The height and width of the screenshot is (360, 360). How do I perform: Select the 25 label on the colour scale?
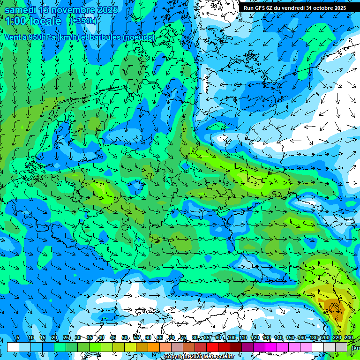(66, 337)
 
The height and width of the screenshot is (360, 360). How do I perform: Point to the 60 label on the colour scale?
(148, 337)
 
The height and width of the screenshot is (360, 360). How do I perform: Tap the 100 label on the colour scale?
(231, 337)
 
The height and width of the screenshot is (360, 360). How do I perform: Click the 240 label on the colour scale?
(349, 337)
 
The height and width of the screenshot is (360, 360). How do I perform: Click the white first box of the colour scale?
(13, 347)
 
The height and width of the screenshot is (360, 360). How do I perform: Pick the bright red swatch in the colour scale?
(212, 347)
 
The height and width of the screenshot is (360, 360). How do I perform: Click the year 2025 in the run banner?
(339, 8)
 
